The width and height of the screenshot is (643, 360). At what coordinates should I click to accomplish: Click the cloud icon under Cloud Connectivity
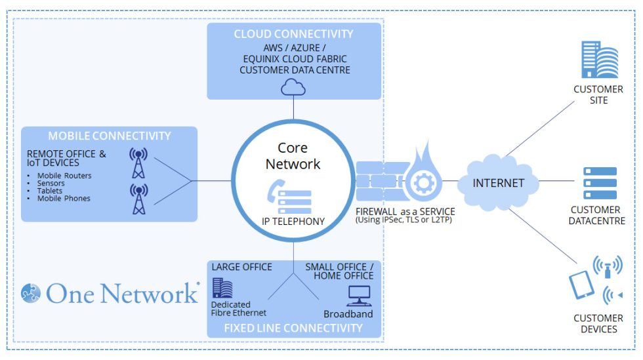pyautogui.click(x=293, y=87)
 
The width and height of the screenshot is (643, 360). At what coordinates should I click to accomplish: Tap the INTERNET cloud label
pyautogui.click(x=499, y=183)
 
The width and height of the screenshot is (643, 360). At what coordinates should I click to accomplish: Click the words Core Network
pyautogui.click(x=293, y=155)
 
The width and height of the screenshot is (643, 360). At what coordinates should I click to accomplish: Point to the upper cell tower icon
pyautogui.click(x=138, y=164)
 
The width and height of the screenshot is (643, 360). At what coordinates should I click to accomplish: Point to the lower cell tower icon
pyautogui.click(x=138, y=199)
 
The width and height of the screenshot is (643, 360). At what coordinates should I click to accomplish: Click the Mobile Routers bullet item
pyautogui.click(x=64, y=176)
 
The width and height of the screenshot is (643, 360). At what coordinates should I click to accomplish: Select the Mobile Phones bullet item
pyautogui.click(x=63, y=198)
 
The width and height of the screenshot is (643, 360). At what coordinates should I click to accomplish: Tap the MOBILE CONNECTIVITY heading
pyautogui.click(x=109, y=136)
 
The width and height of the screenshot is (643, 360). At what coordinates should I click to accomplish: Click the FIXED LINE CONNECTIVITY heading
pyautogui.click(x=293, y=327)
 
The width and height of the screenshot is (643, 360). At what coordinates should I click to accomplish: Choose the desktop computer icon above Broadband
pyautogui.click(x=359, y=296)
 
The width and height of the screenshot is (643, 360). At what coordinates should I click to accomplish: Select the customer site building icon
pyautogui.click(x=598, y=60)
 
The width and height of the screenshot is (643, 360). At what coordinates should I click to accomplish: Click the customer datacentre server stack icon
pyautogui.click(x=600, y=183)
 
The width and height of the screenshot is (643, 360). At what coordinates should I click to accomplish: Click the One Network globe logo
pyautogui.click(x=31, y=293)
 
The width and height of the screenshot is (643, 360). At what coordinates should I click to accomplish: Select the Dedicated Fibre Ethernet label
pyautogui.click(x=238, y=309)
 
